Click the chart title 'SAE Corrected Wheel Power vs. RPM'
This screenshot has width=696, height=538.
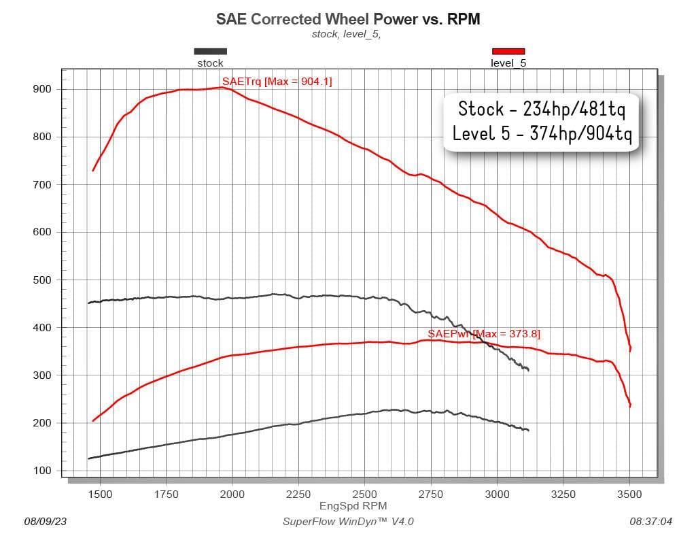tap(348, 19)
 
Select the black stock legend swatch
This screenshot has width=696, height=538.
tap(211, 52)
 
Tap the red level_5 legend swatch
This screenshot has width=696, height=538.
tap(508, 52)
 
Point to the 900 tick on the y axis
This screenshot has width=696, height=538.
tap(42, 89)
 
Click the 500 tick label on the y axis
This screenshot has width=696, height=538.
tap(42, 280)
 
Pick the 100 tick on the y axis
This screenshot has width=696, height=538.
tap(42, 471)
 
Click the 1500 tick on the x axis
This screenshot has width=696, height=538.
tap(100, 494)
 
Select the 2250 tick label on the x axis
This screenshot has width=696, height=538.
tap(298, 494)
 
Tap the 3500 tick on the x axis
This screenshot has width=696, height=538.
tap(629, 494)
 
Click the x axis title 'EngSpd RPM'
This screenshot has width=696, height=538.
tap(353, 506)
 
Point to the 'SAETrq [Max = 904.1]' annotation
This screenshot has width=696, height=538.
tap(277, 82)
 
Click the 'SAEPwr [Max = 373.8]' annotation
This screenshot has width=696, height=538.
tap(484, 334)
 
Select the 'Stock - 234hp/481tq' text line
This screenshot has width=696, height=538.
tap(542, 109)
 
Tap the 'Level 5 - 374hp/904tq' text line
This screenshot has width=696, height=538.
tap(542, 133)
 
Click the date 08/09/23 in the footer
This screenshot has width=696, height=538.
tap(46, 522)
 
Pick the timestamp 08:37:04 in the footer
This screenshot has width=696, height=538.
tap(650, 522)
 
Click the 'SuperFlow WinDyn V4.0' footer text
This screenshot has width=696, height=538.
tap(348, 522)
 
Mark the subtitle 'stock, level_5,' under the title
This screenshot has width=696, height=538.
tap(346, 34)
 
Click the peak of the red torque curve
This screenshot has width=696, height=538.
tap(223, 88)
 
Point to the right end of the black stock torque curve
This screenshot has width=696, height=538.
tap(528, 369)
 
